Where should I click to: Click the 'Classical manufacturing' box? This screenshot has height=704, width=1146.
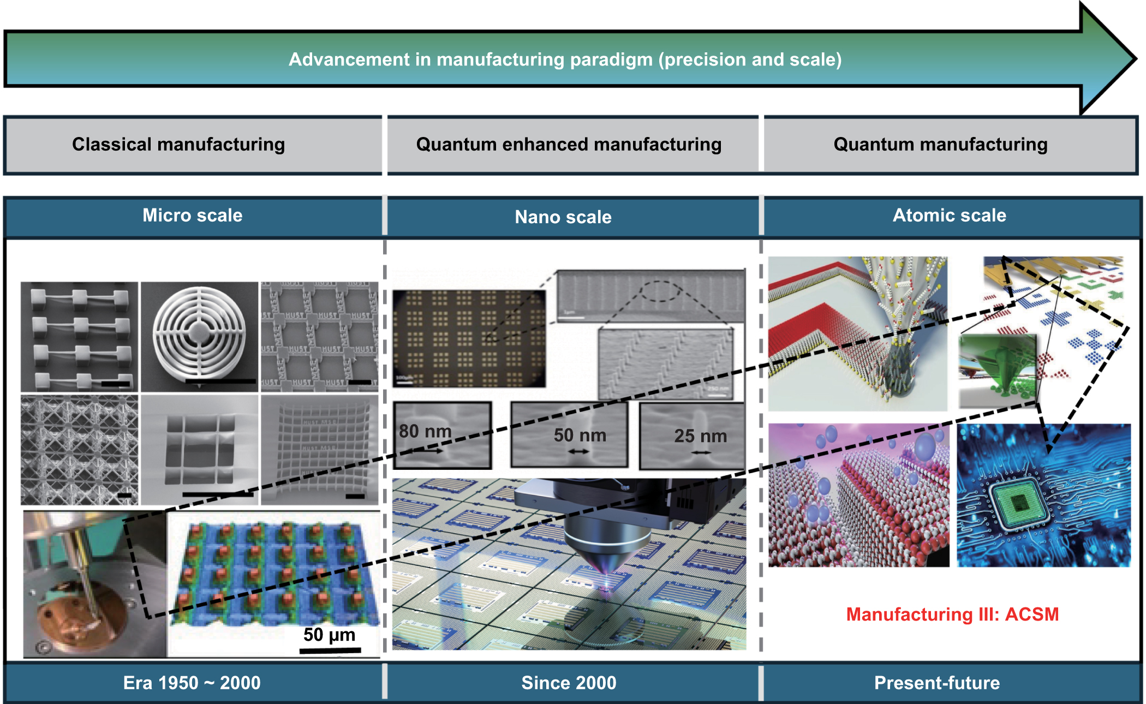[178, 145]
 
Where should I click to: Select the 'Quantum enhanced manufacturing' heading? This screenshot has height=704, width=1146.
[569, 145]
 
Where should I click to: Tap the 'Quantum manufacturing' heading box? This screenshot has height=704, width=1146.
[940, 145]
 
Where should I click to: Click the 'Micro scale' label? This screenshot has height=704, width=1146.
[192, 216]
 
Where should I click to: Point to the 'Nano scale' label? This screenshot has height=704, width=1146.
[563, 217]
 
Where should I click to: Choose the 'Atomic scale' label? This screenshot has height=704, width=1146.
[949, 216]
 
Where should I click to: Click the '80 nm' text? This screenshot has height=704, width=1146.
[425, 431]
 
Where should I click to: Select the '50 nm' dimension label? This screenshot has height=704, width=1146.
[580, 435]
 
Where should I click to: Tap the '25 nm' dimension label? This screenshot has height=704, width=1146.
[701, 436]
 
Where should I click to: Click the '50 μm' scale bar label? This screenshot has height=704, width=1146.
[329, 635]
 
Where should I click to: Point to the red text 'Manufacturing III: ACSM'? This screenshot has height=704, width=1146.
[952, 614]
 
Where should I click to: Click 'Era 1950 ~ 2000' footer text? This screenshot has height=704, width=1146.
[192, 683]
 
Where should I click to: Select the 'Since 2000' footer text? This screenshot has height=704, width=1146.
[569, 683]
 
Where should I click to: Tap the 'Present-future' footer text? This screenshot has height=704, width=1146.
[937, 683]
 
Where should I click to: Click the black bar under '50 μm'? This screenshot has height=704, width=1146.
[330, 650]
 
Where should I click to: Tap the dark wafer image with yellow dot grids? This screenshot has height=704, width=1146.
[469, 338]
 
